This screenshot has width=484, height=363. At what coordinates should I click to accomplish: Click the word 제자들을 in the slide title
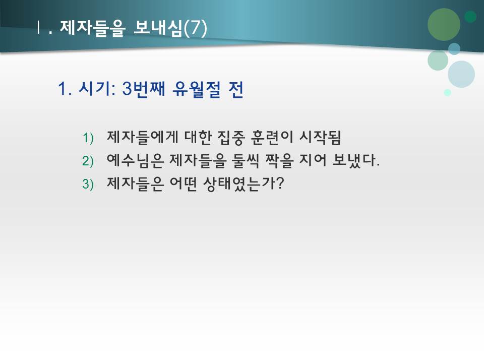tap(92, 28)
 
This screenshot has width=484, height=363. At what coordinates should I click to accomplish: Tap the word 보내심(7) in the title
tap(170, 28)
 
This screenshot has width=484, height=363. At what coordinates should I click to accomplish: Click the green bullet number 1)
tap(88, 138)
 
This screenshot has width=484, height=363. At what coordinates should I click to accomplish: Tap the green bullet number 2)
tap(88, 161)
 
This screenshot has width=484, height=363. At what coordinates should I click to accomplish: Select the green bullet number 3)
tap(88, 185)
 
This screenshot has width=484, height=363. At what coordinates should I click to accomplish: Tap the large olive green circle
tap(444, 24)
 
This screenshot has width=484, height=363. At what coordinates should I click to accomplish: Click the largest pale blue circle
tap(461, 74)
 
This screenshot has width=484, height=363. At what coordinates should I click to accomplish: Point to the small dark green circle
tap(470, 17)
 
